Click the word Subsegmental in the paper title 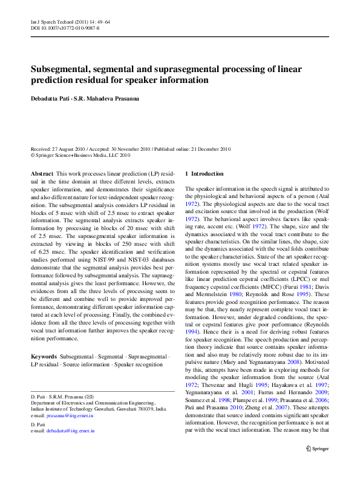[x=62, y=69]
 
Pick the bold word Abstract [x=42, y=174]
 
